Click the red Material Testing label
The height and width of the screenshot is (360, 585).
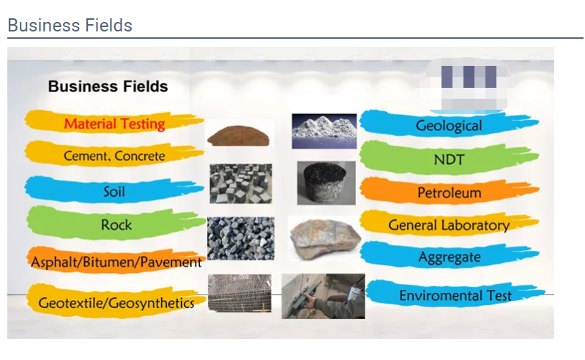114,124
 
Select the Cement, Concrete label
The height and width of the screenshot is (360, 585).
114,156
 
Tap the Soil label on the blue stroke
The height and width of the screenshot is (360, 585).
114,192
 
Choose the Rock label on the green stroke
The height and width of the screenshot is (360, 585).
116,225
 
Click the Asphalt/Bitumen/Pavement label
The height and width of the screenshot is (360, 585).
116,262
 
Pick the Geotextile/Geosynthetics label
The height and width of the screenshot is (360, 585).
116,303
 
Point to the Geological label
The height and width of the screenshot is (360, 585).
449,126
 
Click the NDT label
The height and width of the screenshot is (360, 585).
449,160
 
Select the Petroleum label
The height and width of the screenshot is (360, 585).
450,192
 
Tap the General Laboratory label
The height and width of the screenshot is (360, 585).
449,225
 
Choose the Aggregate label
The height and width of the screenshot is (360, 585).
450,257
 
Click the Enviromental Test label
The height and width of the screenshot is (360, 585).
455,296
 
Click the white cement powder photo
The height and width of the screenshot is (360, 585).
324,131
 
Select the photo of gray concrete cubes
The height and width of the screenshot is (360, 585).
241,184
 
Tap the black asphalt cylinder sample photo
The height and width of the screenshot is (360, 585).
326,183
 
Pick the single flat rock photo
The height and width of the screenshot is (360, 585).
325,239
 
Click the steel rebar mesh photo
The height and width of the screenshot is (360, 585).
239,293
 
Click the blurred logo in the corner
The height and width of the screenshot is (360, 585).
463,86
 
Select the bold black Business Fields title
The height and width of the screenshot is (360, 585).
108,86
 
